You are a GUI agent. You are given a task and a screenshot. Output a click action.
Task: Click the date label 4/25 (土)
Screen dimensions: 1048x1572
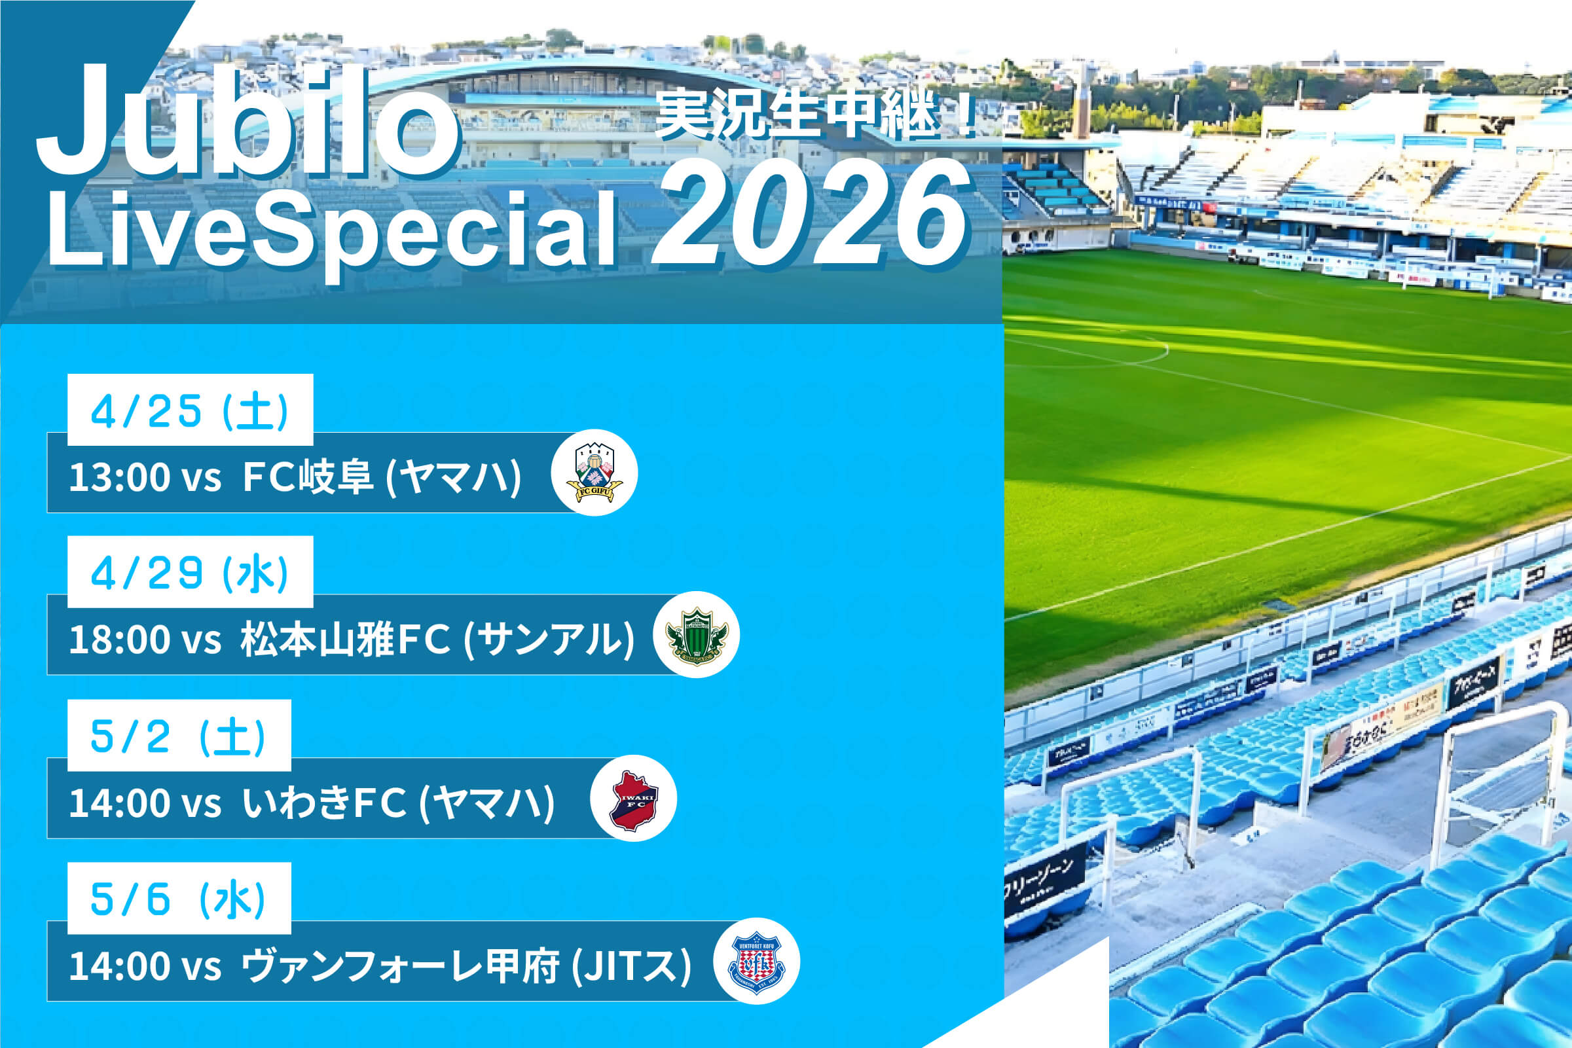point(190,410)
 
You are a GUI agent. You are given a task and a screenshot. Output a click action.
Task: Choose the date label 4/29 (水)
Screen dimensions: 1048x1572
point(190,573)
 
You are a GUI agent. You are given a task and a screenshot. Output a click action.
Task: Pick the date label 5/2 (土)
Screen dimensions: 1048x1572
point(179,736)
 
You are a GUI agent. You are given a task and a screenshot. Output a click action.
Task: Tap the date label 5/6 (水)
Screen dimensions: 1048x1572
point(179,898)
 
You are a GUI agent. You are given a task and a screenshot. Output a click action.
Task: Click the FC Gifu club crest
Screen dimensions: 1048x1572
point(594,473)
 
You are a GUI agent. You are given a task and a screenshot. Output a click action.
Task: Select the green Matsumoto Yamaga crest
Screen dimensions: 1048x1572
point(697,635)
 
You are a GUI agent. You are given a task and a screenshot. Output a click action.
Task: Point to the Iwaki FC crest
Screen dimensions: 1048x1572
point(634,798)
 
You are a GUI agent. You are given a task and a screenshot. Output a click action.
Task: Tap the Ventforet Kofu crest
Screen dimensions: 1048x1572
point(757,961)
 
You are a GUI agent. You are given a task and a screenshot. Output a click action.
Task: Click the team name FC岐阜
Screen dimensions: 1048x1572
point(307,477)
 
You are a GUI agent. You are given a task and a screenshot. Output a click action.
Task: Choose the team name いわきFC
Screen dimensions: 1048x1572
point(324,803)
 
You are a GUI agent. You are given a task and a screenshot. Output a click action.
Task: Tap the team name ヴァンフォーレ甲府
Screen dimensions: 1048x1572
point(399,966)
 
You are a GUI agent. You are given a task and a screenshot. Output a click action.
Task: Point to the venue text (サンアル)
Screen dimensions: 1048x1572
point(549,640)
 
